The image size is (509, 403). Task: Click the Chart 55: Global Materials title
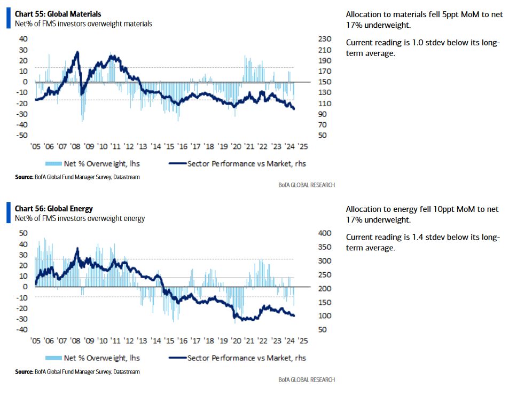pos(58,14)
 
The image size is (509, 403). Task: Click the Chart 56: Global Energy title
pos(53,209)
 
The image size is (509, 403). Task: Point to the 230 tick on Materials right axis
pos(325,39)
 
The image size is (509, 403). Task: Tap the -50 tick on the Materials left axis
pos(22,135)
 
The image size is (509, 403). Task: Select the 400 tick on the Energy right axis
pos(325,233)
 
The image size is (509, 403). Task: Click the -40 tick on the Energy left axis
pos(22,330)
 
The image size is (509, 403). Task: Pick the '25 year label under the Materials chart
pos(302,147)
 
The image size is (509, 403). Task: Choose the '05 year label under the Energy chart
pos(35,341)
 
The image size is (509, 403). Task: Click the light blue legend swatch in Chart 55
pos(53,163)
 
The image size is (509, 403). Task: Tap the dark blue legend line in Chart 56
pos(177,358)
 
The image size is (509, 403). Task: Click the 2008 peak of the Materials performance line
pos(77,52)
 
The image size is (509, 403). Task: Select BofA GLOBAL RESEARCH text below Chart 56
pos(307,380)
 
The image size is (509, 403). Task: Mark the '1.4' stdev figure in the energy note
pos(418,237)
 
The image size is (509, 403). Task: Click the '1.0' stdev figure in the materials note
pos(418,43)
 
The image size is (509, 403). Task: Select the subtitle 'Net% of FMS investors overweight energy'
pos(80,218)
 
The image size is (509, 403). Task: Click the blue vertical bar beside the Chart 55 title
pos(9,18)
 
